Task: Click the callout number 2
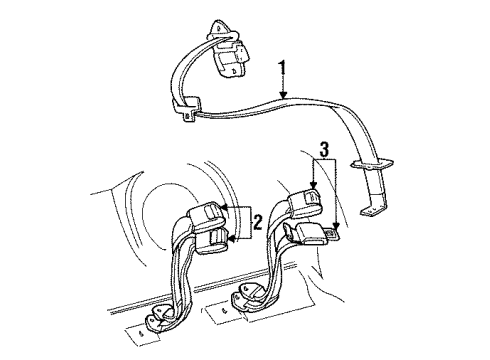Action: (x=256, y=221)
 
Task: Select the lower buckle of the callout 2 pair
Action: (x=213, y=241)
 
